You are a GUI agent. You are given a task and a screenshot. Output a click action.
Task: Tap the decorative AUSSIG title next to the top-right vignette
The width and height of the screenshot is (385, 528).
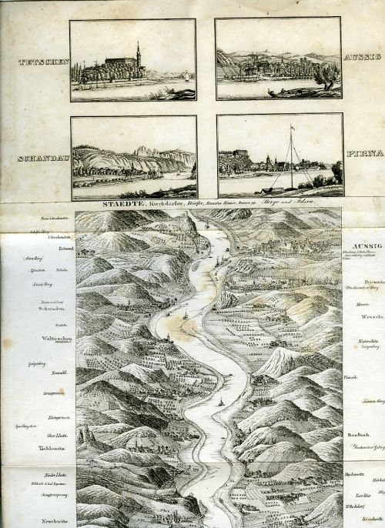[x=360, y=58]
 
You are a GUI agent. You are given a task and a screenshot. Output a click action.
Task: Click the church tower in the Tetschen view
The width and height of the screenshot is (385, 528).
[x=138, y=55]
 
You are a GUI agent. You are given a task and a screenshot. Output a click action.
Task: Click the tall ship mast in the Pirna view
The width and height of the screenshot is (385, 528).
[x=291, y=154]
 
